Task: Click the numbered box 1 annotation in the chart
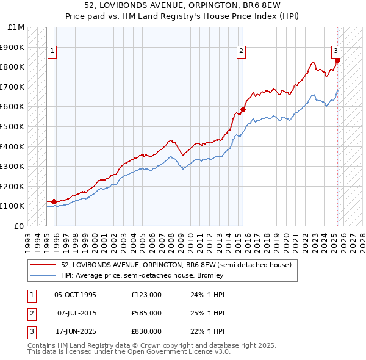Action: [52, 51]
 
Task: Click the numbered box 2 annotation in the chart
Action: [242, 51]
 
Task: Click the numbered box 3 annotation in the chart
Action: [335, 51]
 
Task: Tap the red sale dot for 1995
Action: [54, 201]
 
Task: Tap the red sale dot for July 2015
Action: [243, 109]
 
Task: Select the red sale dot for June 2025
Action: [338, 60]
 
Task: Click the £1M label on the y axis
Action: [16, 27]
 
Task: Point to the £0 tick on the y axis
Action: [20, 226]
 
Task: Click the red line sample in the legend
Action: [43, 265]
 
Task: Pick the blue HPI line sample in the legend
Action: [43, 275]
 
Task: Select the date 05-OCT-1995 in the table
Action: [75, 295]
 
